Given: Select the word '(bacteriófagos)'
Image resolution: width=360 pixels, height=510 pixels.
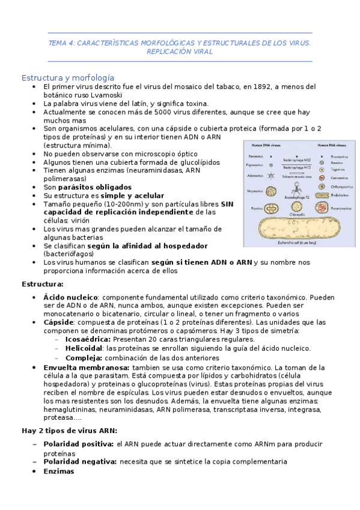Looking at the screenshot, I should coord(69,254).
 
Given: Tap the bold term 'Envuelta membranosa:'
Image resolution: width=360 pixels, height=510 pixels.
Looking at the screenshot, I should coord(86,367).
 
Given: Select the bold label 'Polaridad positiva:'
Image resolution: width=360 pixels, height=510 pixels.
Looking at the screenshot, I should coord(78,444).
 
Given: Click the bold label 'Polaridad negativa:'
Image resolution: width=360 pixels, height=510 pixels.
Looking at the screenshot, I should coord(79,461).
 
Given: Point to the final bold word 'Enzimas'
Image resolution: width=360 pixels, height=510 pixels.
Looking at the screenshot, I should coord(58,471).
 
